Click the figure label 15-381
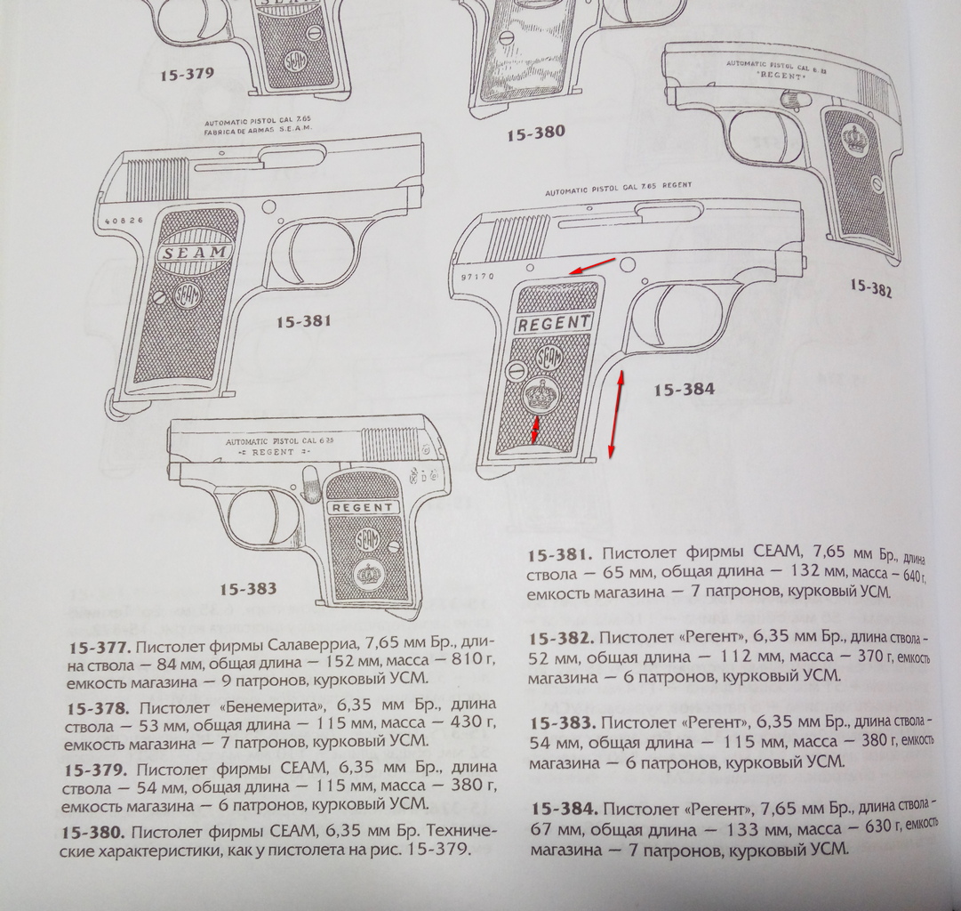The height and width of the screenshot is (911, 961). [x=303, y=322]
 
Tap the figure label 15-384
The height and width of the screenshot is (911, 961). [x=684, y=389]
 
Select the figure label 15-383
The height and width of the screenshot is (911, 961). [x=248, y=589]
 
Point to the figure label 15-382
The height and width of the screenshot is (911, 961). [x=870, y=287]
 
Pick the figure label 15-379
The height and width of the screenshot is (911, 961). [x=187, y=75]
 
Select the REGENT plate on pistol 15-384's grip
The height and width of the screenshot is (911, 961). [x=553, y=323]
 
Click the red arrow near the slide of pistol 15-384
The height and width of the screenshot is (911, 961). [x=593, y=265]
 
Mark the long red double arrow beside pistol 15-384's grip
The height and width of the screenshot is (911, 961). [x=615, y=414]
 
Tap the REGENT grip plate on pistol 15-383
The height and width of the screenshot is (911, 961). [x=364, y=507]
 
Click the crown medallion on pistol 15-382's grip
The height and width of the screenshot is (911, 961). [x=854, y=140]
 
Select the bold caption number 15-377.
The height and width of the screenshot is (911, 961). [x=99, y=642]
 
